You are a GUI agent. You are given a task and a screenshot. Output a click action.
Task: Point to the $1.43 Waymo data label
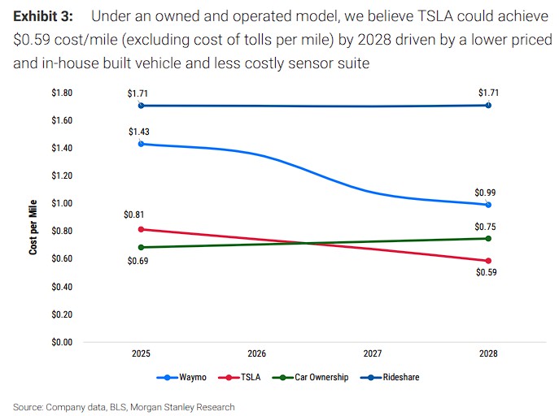139,132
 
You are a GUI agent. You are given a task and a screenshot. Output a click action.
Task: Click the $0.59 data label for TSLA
487,273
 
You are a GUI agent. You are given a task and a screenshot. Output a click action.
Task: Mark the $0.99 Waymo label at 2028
487,193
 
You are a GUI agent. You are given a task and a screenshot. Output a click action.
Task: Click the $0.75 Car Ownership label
487,227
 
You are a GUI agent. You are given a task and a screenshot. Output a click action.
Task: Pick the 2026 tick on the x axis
257,354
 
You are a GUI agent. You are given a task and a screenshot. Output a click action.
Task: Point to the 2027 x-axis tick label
372,354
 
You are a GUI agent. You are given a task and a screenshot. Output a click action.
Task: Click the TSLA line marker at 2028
487,261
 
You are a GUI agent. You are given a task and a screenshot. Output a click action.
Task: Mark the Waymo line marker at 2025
142,144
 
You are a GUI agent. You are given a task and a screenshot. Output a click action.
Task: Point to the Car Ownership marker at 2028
487,238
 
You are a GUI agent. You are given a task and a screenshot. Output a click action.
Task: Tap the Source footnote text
124,407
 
